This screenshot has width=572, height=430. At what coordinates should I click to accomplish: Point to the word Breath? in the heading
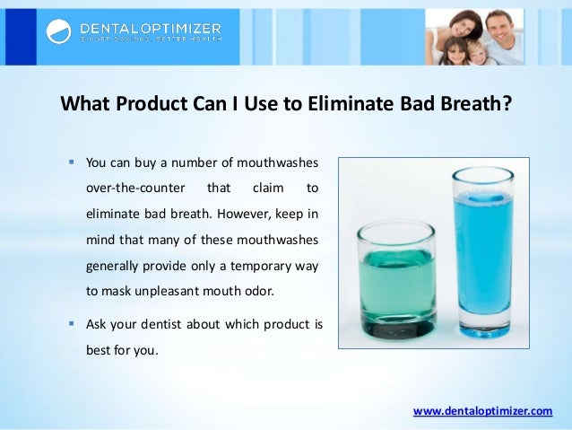point(479,103)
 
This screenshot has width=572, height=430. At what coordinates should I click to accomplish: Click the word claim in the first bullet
point(266,189)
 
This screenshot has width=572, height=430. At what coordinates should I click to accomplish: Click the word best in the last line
point(98,349)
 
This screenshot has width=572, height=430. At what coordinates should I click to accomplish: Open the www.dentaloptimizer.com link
point(482,411)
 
